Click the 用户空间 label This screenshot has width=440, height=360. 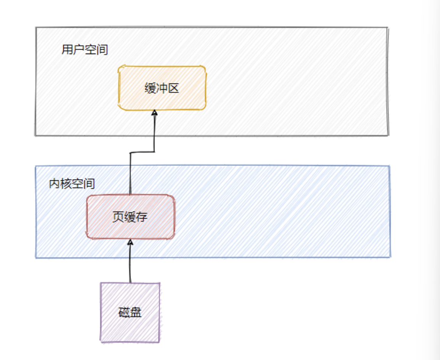(85, 50)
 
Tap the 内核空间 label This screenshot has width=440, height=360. (72, 184)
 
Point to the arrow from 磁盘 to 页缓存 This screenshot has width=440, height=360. (130, 263)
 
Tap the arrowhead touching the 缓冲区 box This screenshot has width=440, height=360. (154, 113)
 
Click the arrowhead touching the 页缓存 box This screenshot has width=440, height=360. (130, 242)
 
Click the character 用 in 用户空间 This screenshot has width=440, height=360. (67, 50)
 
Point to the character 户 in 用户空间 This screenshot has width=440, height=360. (79, 50)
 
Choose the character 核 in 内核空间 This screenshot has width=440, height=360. (66, 184)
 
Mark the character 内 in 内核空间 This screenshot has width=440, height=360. (55, 184)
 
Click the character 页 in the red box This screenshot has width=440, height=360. (118, 217)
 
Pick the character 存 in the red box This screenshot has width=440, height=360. (142, 217)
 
